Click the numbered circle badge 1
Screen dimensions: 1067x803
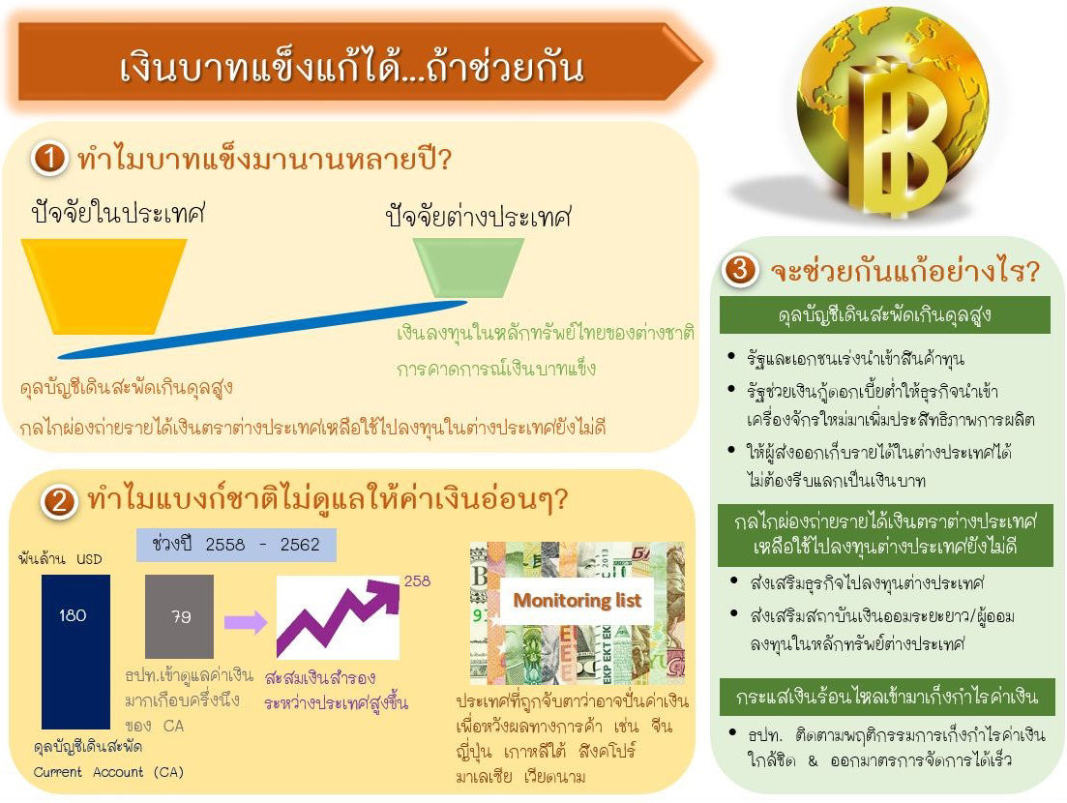tap(48, 159)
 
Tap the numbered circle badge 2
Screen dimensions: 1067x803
tap(58, 501)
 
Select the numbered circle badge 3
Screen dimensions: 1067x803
tap(739, 270)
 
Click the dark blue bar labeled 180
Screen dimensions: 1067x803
tap(75, 652)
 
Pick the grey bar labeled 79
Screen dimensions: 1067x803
tap(180, 616)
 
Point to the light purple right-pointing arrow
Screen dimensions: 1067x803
tap(245, 621)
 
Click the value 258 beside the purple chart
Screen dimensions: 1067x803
tap(417, 581)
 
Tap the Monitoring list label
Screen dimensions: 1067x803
tap(578, 600)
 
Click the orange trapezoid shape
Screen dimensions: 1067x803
tap(104, 286)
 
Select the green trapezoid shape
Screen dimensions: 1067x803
tap(469, 267)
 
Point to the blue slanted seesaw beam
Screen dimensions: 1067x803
tap(263, 329)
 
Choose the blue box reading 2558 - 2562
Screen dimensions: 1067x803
tap(236, 545)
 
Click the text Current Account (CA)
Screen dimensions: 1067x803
tap(109, 772)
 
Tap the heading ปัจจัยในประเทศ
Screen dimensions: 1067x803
tap(118, 212)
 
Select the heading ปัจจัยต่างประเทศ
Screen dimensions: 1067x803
tap(479, 217)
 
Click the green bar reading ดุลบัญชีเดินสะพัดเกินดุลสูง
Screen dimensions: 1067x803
tap(884, 315)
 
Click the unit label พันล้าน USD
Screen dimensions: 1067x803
tap(60, 559)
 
